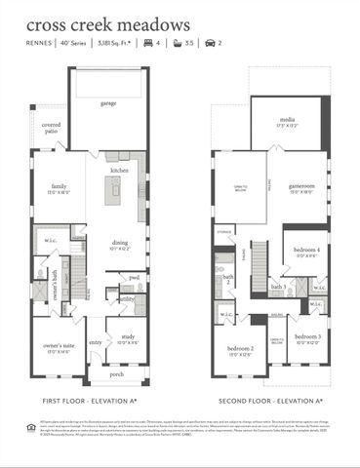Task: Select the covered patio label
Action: point(51,128)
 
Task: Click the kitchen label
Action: point(120,171)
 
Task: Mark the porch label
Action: point(116,373)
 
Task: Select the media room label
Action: point(287,123)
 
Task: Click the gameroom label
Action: point(286,188)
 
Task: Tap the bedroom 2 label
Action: point(240,349)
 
